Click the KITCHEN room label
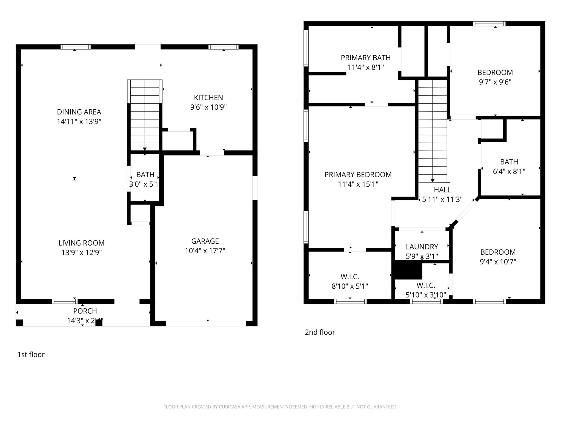pyautogui.click(x=208, y=98)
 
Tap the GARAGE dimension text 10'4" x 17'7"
pyautogui.click(x=205, y=251)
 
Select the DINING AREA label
pyautogui.click(x=79, y=112)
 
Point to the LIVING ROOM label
pyautogui.click(x=81, y=243)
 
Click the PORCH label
pyautogui.click(x=85, y=311)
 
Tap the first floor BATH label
pyautogui.click(x=145, y=175)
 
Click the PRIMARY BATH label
pyautogui.click(x=365, y=58)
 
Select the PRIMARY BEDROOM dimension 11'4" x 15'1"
pyautogui.click(x=358, y=184)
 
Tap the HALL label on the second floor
pyautogui.click(x=442, y=190)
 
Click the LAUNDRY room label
pyautogui.click(x=422, y=247)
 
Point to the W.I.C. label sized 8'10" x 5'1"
pyautogui.click(x=350, y=277)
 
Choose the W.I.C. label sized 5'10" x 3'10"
pyautogui.click(x=426, y=285)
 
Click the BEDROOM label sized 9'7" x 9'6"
pyautogui.click(x=495, y=73)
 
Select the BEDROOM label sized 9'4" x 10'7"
pyautogui.click(x=498, y=252)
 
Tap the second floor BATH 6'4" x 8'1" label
pyautogui.click(x=509, y=162)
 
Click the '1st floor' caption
pyautogui.click(x=31, y=354)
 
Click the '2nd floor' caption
pyautogui.click(x=320, y=332)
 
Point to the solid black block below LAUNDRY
pyautogui.click(x=408, y=270)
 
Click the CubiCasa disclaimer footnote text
pyautogui.click(x=280, y=407)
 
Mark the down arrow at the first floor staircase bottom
pyautogui.click(x=145, y=149)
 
